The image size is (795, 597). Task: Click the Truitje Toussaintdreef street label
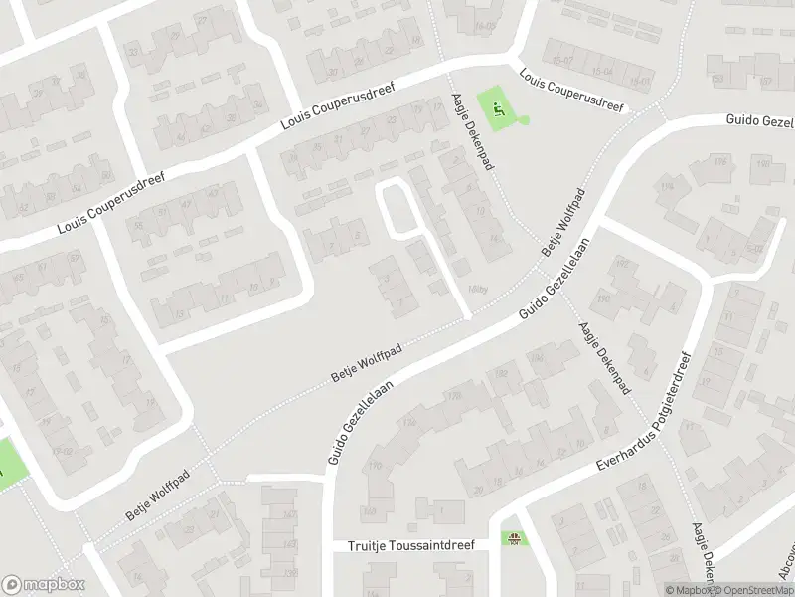[x=411, y=546]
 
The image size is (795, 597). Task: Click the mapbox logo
[x=44, y=584]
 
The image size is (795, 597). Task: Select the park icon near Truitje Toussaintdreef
[x=514, y=540]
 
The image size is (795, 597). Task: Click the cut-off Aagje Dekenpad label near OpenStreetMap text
[x=705, y=557]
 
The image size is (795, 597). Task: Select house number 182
[x=500, y=373]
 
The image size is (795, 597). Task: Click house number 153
[x=715, y=78]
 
